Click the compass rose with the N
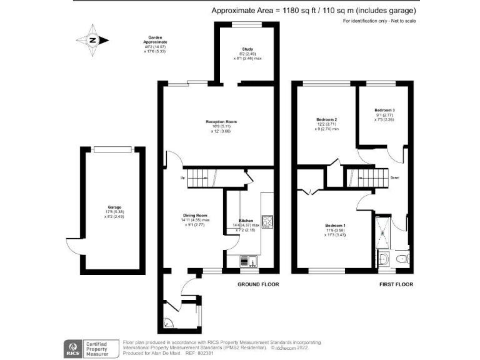(x=93, y=39)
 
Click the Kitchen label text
(x=246, y=221)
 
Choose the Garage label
(x=114, y=207)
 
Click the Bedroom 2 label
(x=327, y=119)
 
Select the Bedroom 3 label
(x=384, y=110)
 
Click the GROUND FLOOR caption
(x=258, y=284)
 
